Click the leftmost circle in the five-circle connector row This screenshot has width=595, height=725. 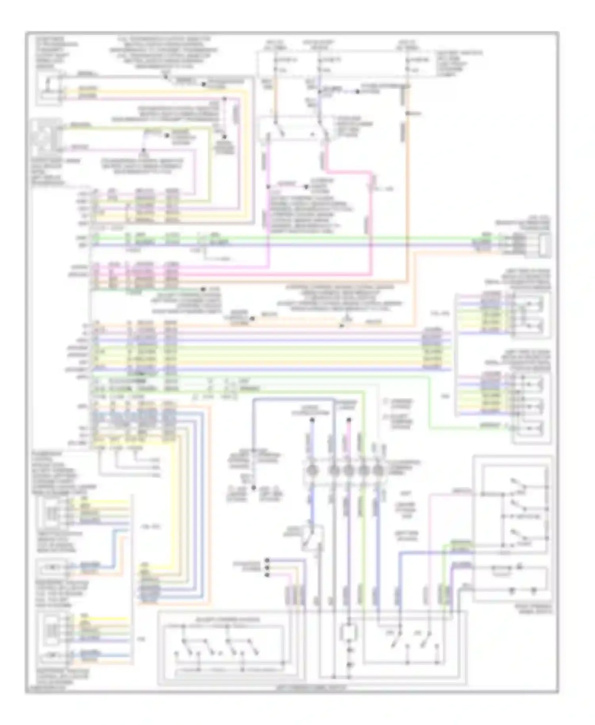(312, 471)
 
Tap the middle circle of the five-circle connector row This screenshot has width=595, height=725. (348, 471)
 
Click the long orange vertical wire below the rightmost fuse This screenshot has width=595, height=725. (408, 178)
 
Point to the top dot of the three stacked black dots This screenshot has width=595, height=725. (267, 560)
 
